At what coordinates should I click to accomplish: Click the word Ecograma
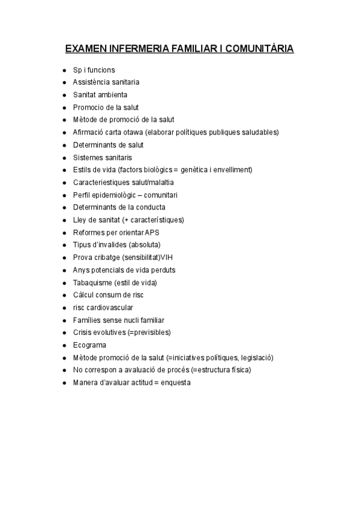[89, 345]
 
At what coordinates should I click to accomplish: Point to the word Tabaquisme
[92, 282]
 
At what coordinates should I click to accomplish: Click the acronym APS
[153, 232]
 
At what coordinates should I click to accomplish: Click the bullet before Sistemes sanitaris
[64, 157]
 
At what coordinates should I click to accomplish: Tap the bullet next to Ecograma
[64, 345]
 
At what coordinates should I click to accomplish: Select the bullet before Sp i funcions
[64, 70]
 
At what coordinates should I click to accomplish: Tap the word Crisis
[83, 333]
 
